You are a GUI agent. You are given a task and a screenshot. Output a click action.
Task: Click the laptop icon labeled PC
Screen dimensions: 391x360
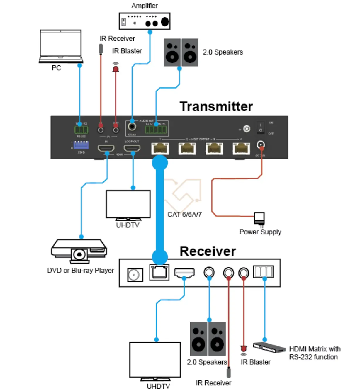pos(61,46)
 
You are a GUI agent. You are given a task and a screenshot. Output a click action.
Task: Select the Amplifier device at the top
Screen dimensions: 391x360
pos(145,21)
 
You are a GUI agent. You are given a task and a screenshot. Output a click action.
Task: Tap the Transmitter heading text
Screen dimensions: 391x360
pos(216,106)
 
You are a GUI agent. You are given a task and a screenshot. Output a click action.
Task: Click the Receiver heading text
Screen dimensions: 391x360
pos(208,251)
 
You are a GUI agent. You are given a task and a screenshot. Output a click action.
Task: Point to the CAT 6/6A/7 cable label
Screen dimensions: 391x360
pos(184,215)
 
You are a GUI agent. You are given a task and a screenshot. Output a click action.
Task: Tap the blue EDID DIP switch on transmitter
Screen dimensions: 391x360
pos(81,145)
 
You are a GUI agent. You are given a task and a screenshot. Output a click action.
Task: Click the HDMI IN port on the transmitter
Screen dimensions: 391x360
pos(106,148)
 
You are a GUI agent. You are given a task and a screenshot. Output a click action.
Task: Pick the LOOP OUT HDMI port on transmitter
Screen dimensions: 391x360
pos(132,148)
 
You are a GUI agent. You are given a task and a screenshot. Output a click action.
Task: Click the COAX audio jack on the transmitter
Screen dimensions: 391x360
pos(132,127)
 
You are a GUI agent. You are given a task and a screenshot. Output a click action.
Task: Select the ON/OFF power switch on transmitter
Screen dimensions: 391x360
pos(261,128)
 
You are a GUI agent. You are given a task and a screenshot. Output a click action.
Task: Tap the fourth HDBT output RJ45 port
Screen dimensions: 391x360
pos(241,148)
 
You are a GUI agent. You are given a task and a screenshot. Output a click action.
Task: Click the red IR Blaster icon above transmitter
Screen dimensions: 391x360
pos(116,68)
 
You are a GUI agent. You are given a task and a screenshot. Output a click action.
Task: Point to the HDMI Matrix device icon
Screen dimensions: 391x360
pos(269,348)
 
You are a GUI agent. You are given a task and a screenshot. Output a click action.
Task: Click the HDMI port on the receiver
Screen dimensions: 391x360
pos(184,273)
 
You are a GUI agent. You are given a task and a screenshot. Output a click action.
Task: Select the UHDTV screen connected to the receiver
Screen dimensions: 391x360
pos(155,360)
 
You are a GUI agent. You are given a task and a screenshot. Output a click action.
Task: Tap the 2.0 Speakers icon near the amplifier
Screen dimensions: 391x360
pos(181,52)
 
